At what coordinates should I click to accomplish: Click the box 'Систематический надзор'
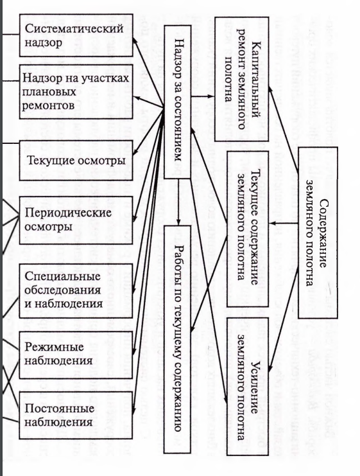point(76,35)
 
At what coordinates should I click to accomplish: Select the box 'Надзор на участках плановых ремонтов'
point(76,91)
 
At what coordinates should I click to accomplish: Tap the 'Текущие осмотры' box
point(76,160)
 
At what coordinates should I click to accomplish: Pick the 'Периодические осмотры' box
point(76,220)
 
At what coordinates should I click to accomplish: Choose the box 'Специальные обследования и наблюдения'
point(76,290)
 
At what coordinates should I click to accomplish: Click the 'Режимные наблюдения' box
point(76,355)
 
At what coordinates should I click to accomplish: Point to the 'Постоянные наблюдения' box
point(76,415)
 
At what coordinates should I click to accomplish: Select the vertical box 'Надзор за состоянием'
point(177,101)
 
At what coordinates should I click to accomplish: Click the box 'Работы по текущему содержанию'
point(177,339)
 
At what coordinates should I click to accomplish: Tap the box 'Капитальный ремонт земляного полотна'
point(242,79)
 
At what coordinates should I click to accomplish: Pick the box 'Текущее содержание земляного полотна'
point(248,229)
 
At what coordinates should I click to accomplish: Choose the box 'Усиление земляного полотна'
point(248,387)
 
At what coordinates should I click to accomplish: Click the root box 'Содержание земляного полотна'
point(318,233)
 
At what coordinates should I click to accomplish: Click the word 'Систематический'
point(74,28)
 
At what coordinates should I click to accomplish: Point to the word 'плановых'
point(49,92)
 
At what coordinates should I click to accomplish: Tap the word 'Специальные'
point(62,276)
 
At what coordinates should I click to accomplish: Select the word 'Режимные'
point(54,347)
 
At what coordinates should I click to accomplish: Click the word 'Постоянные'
point(60,409)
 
